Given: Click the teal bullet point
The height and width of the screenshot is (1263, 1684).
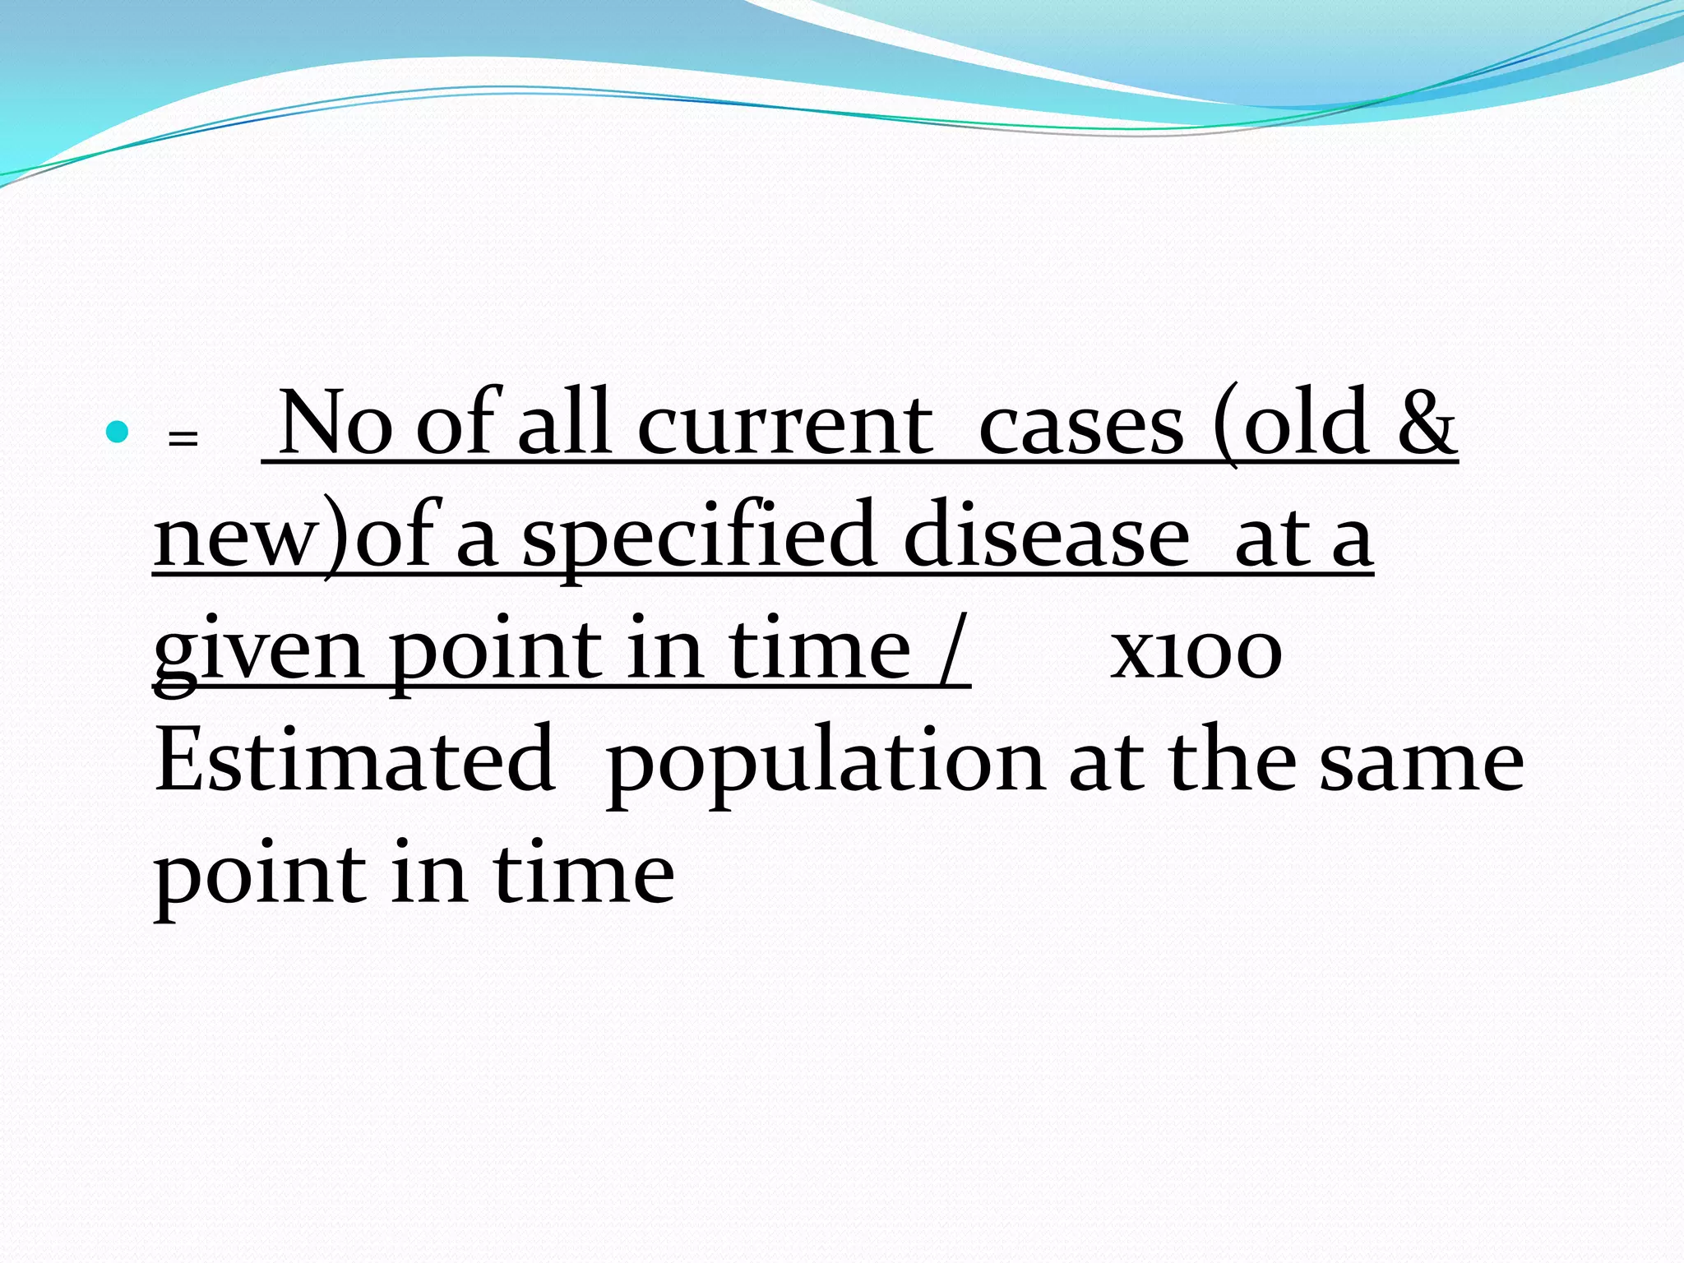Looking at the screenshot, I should click(118, 432).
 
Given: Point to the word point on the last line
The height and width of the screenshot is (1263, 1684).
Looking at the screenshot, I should click(260, 877).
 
